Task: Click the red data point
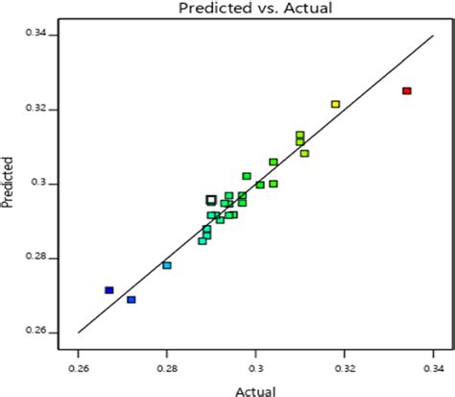407,91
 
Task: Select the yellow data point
335,104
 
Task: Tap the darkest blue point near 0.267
109,290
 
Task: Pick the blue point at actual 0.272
132,300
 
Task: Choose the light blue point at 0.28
167,265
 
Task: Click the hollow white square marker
211,200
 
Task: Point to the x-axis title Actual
256,388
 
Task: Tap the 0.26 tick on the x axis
78,366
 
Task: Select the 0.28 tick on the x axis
167,366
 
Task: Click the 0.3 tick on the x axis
256,366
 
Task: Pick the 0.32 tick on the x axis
345,366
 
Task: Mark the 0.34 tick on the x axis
433,366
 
